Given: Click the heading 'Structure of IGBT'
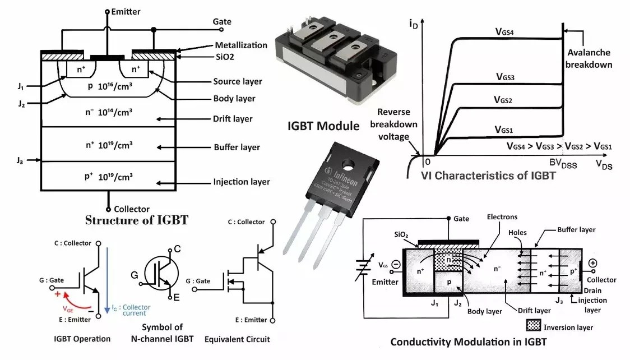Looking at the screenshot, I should click(x=136, y=220).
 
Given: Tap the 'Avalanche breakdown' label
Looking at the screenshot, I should click(x=589, y=58).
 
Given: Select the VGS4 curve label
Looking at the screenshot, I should click(x=509, y=33).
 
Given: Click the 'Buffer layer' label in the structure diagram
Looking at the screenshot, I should click(x=237, y=147).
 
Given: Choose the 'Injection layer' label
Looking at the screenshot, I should click(x=241, y=182).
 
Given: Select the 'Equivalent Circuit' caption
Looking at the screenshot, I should click(x=237, y=339).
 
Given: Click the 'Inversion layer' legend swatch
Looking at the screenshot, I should click(x=538, y=325).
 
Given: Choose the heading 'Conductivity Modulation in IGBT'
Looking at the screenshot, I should click(x=468, y=342).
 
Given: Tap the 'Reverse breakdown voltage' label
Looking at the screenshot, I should click(x=397, y=124).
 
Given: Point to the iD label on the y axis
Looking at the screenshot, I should click(x=414, y=23).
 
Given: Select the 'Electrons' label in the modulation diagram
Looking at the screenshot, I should click(x=502, y=216).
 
